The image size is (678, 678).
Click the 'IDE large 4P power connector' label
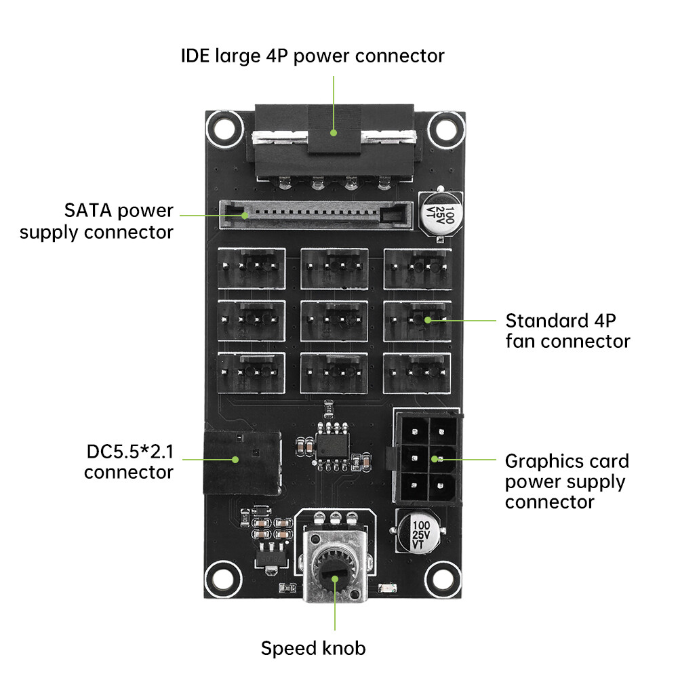(x=313, y=55)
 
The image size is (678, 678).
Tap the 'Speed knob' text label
(x=313, y=648)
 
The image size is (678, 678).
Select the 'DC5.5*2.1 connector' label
(x=129, y=462)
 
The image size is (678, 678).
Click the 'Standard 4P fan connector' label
(x=567, y=330)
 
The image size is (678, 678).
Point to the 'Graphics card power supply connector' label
(x=567, y=481)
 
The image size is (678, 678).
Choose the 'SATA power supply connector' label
(x=96, y=221)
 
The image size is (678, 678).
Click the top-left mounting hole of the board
(x=223, y=127)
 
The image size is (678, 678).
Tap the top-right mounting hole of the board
(x=447, y=127)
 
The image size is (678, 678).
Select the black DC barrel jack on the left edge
(x=242, y=462)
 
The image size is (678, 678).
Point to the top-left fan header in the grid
(x=251, y=268)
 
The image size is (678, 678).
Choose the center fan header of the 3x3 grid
(x=334, y=320)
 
